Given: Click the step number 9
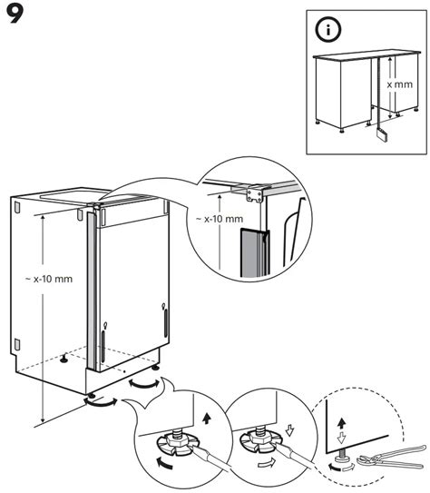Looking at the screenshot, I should (17, 15).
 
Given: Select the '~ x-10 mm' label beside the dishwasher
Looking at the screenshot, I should (50, 279).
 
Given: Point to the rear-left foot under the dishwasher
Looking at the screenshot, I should (64, 358).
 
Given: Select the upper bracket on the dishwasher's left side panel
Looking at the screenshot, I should (17, 206).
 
